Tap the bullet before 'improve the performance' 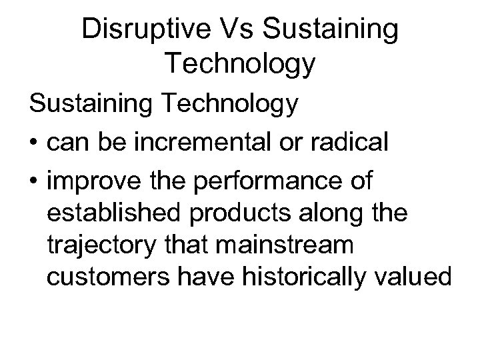[33, 181]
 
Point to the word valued [419, 277]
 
